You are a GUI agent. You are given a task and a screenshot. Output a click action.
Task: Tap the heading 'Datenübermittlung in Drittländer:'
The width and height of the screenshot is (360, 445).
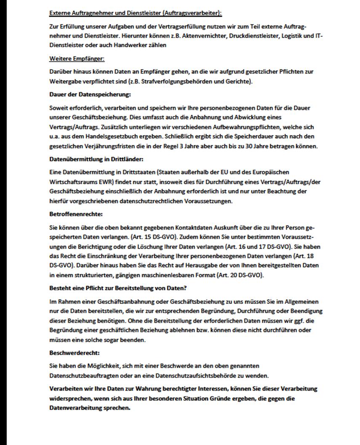96,160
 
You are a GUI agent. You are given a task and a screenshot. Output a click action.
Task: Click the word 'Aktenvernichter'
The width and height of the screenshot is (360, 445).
208,36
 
